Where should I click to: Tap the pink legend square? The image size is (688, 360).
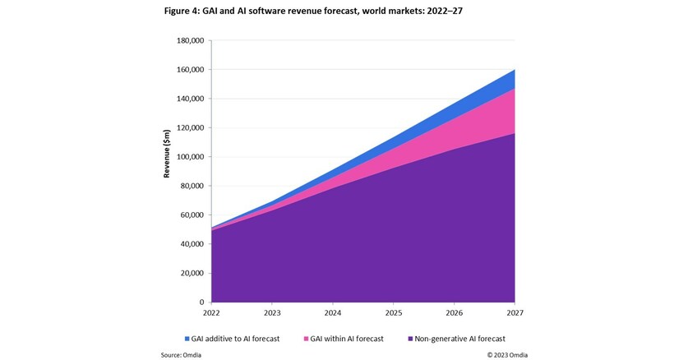(306, 338)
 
